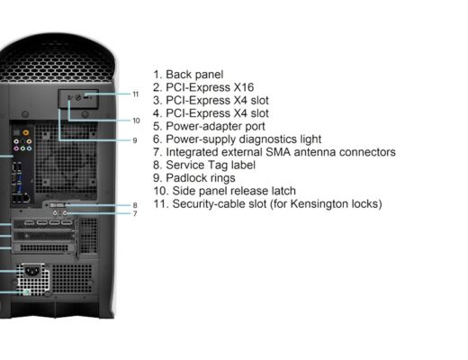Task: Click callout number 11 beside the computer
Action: pyautogui.click(x=136, y=94)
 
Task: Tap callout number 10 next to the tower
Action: pyautogui.click(x=136, y=121)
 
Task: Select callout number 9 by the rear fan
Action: pyautogui.click(x=135, y=140)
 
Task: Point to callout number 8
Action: pyautogui.click(x=135, y=205)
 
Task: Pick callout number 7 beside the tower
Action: pyautogui.click(x=135, y=213)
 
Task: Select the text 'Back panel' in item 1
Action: pyautogui.click(x=194, y=75)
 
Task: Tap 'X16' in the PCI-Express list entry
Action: pyautogui.click(x=244, y=87)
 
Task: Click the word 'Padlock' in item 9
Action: pyautogui.click(x=185, y=178)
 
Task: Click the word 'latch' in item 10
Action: pyautogui.click(x=283, y=191)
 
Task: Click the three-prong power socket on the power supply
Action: pyautogui.click(x=32, y=272)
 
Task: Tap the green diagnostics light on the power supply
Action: pyautogui.click(x=26, y=292)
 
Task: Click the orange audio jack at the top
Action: pyautogui.click(x=26, y=132)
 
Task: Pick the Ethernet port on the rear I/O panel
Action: pyautogui.click(x=26, y=198)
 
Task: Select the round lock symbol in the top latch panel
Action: pyautogui.click(x=78, y=97)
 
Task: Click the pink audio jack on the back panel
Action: pyautogui.click(x=16, y=148)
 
